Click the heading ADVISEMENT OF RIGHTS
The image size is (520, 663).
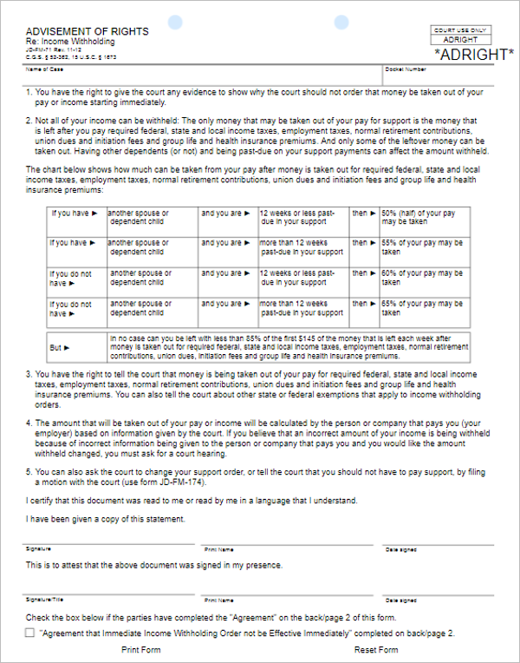87,31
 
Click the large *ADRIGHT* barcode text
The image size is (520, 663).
472,54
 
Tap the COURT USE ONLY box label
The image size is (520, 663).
460,30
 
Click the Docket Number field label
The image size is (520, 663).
406,69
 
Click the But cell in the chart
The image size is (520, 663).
59,347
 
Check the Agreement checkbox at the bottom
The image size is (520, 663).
30,634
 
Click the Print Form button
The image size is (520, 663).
141,650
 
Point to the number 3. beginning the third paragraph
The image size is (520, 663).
29,373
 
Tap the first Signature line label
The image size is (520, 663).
39,549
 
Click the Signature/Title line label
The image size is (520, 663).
43,600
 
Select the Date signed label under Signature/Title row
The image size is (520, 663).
401,600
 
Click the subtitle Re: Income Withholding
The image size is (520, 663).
70,42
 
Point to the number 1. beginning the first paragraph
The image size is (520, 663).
29,92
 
